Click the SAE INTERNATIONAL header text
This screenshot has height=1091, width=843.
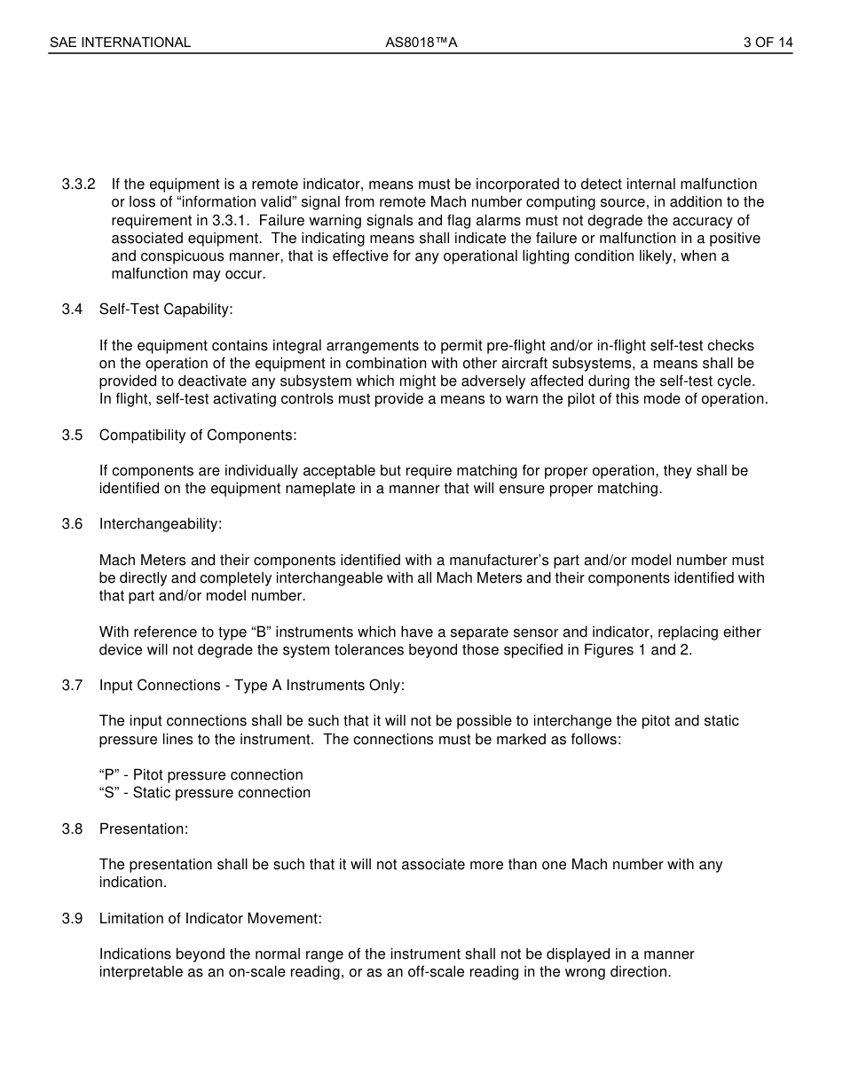pyautogui.click(x=120, y=43)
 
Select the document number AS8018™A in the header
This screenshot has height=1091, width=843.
pyautogui.click(x=421, y=43)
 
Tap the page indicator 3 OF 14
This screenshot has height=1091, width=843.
pyautogui.click(x=768, y=43)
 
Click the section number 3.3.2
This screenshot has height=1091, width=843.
pyautogui.click(x=78, y=184)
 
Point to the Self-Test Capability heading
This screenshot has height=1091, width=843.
pyautogui.click(x=166, y=310)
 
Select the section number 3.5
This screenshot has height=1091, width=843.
pyautogui.click(x=72, y=435)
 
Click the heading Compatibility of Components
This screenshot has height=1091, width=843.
pyautogui.click(x=198, y=435)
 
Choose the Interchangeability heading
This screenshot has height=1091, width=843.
pyautogui.click(x=161, y=524)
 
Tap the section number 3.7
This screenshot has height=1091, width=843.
pyautogui.click(x=72, y=686)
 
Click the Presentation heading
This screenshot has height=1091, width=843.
pyautogui.click(x=144, y=828)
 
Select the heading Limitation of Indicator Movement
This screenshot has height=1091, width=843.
pyautogui.click(x=210, y=919)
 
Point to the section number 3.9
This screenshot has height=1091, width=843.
pyautogui.click(x=72, y=919)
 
